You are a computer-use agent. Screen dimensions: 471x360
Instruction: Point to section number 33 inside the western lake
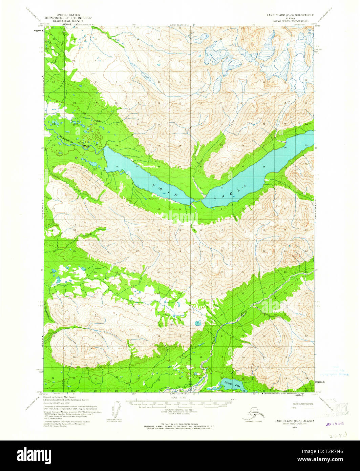117,167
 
